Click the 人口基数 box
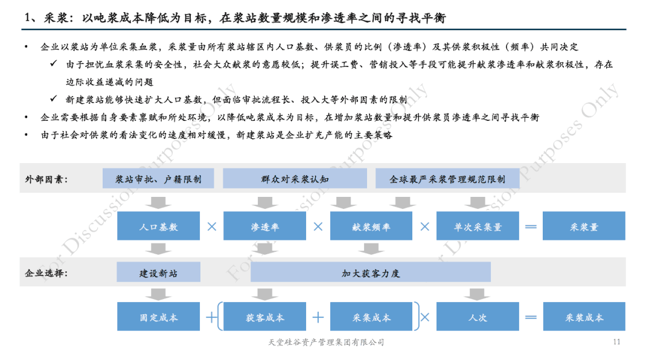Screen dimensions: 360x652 pyautogui.click(x=159, y=227)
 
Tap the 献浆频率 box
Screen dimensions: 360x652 pyautogui.click(x=371, y=227)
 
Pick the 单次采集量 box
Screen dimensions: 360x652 pyautogui.click(x=478, y=227)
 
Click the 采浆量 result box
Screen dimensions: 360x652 pyautogui.click(x=584, y=227)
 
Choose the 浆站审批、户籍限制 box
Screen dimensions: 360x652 pyautogui.click(x=158, y=179)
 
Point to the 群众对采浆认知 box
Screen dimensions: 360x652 pyautogui.click(x=295, y=179)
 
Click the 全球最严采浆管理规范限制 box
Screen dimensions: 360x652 pyautogui.click(x=447, y=179)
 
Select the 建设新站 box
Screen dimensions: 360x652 pyautogui.click(x=159, y=273)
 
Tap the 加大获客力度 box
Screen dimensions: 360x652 pyautogui.click(x=371, y=273)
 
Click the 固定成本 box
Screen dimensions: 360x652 pyautogui.click(x=159, y=317)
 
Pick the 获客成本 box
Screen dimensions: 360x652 pyautogui.click(x=265, y=317)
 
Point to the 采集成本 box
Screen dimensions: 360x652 pyautogui.click(x=371, y=317)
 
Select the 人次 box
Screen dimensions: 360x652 pyautogui.click(x=478, y=317)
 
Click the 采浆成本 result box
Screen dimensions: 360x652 pyautogui.click(x=584, y=317)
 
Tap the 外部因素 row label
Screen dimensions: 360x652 pyautogui.click(x=46, y=179)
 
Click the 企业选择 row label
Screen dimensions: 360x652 pyautogui.click(x=46, y=273)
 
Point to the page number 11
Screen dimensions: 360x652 pyautogui.click(x=616, y=342)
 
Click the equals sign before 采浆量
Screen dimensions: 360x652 pyautogui.click(x=531, y=227)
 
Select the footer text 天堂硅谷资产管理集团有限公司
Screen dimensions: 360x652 pyautogui.click(x=325, y=342)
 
